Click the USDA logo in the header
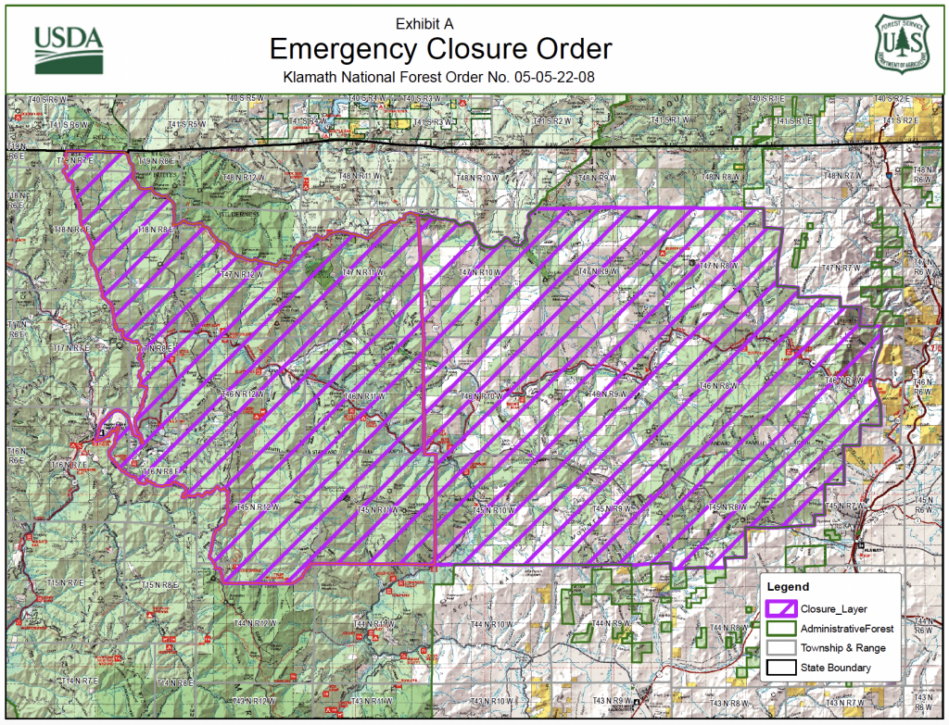click(67, 48)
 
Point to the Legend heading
click(788, 586)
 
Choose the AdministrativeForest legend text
click(841, 629)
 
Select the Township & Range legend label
click(842, 648)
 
